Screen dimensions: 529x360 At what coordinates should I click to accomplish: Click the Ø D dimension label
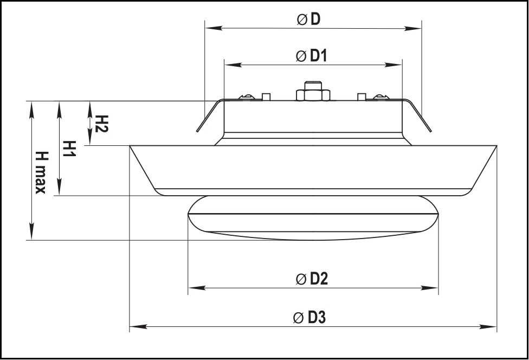(x=308, y=20)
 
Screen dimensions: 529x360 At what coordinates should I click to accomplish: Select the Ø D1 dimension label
(x=312, y=56)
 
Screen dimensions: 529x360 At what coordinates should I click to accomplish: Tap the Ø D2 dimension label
(x=312, y=279)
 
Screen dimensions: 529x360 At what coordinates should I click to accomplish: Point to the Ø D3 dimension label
(x=309, y=318)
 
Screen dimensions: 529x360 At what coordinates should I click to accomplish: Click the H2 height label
(x=101, y=124)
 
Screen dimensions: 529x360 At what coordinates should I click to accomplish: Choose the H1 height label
(x=70, y=149)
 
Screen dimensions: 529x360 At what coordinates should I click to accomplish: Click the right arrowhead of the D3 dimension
(x=488, y=326)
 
